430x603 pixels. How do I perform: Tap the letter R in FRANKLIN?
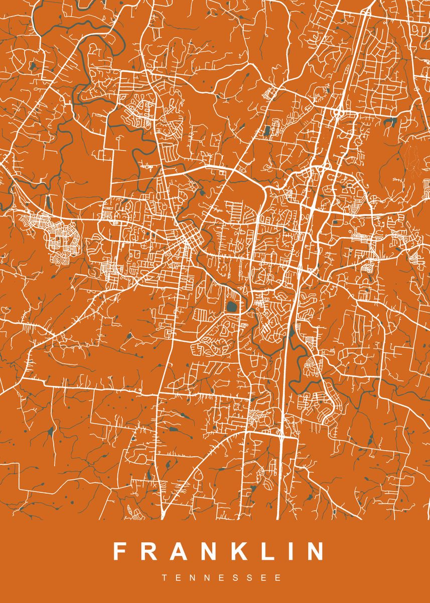(x=148, y=551)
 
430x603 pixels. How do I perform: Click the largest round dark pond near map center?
(x=232, y=307)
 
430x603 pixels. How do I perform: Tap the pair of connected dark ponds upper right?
(x=390, y=122)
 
